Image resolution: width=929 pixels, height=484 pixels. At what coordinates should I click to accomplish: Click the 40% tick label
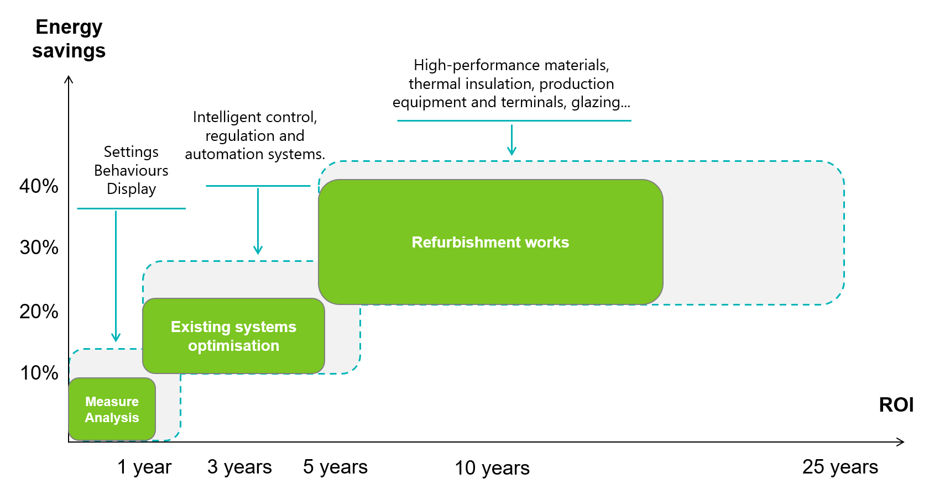(39, 186)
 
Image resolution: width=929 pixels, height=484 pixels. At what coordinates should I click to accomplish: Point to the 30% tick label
(39, 248)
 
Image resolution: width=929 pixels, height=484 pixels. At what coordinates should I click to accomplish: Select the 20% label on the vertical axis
(39, 312)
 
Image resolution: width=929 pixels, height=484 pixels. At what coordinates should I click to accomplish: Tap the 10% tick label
(39, 373)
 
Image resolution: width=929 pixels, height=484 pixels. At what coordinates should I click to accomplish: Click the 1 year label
(144, 467)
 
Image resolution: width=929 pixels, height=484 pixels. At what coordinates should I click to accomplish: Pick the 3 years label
(239, 467)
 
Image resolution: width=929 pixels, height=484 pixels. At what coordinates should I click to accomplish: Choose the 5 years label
(335, 467)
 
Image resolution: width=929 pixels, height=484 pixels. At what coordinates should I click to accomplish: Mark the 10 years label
(492, 468)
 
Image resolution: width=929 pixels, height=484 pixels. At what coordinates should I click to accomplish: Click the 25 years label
(840, 467)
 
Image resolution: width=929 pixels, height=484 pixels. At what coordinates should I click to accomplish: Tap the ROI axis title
(896, 405)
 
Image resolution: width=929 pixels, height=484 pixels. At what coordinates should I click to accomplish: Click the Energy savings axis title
(69, 39)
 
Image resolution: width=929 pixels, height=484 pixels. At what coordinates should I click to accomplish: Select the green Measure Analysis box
(112, 409)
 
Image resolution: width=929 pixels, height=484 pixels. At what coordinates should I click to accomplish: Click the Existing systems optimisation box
(233, 336)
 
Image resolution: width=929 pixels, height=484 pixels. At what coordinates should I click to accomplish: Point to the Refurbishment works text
(490, 242)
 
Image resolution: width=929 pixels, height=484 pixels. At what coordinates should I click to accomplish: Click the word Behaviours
(131, 170)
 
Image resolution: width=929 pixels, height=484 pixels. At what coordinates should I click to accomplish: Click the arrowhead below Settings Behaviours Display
(116, 338)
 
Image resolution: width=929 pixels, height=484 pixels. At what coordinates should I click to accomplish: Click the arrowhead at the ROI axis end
(901, 442)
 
